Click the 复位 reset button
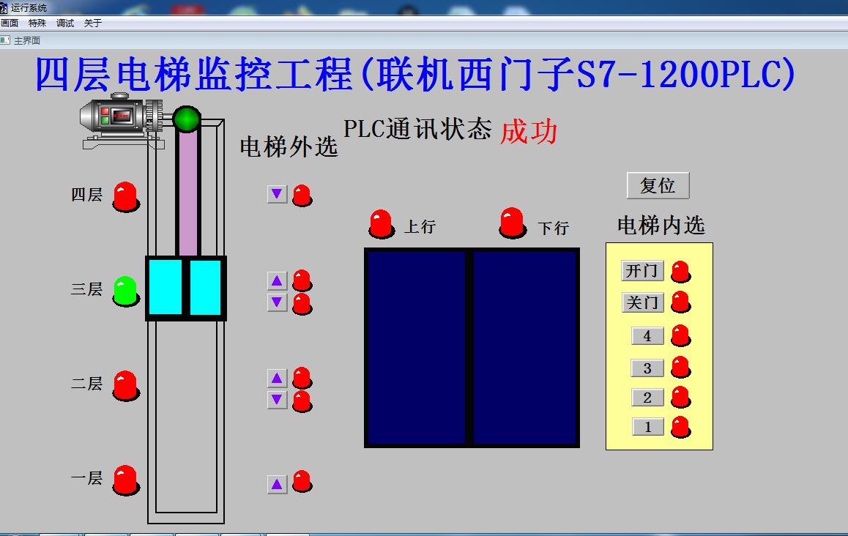tap(658, 185)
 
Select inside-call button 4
tap(647, 336)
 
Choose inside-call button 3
tap(647, 368)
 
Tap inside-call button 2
tap(647, 398)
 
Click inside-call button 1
tap(647, 426)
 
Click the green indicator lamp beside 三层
tap(125, 291)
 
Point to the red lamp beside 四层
tap(125, 196)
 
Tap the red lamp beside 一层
tap(125, 480)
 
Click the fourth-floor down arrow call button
tap(277, 194)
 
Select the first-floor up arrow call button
tap(277, 484)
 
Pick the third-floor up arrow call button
tap(277, 280)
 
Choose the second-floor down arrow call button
tap(277, 399)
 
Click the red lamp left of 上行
tap(381, 223)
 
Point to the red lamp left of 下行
tap(512, 222)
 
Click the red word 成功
tap(529, 132)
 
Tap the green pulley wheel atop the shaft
tap(187, 119)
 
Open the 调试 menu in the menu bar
tap(65, 23)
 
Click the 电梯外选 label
tap(289, 146)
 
